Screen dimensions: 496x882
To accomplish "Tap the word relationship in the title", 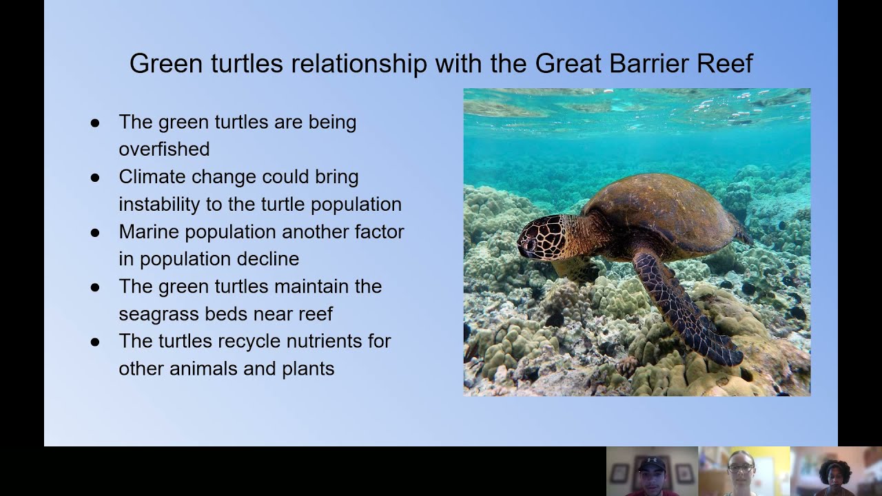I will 358,64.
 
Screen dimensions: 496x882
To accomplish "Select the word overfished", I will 164,149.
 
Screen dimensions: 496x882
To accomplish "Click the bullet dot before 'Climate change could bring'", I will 95,177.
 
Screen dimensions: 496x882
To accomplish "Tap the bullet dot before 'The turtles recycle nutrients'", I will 95,342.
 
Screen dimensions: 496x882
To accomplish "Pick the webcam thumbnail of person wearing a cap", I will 652,471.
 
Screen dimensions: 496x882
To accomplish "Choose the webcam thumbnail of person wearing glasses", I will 743,471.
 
